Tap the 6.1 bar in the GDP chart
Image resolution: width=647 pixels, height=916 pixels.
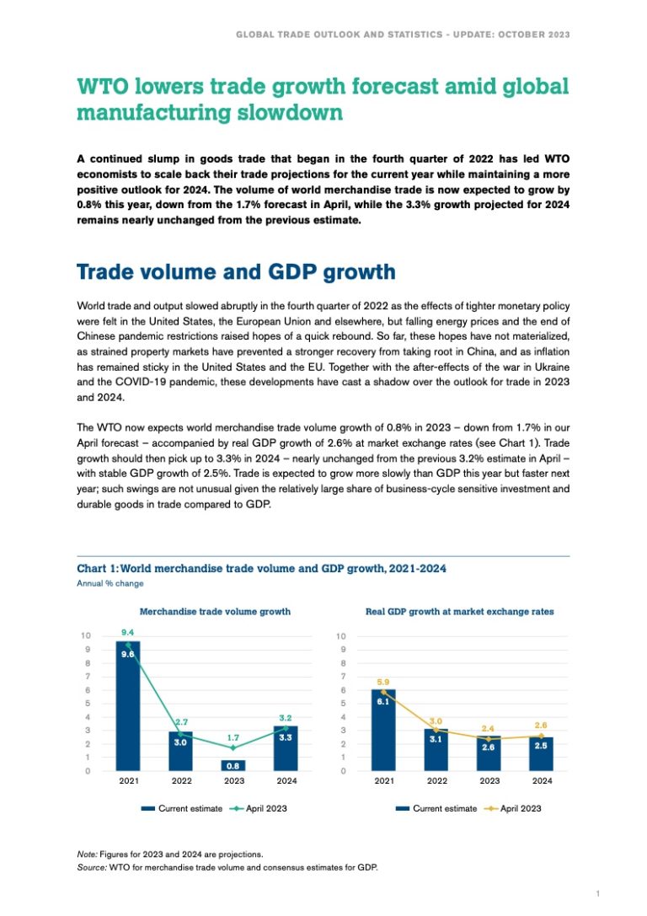coord(383,730)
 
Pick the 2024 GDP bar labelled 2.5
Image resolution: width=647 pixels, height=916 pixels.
coord(542,753)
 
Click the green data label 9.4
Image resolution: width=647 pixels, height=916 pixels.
coord(127,631)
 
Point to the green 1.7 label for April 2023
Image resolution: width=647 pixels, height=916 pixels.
coord(233,737)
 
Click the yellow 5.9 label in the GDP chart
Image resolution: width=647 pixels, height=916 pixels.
coord(382,681)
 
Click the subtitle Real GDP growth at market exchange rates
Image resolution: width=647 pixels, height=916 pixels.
coord(459,611)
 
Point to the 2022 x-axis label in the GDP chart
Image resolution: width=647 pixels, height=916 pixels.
coord(436,782)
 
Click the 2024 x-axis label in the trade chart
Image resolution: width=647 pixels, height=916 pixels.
coord(286,782)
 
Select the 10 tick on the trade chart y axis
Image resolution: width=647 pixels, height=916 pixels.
coord(86,635)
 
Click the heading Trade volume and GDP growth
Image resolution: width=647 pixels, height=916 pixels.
coord(236,271)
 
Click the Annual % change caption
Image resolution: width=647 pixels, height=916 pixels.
coord(110,583)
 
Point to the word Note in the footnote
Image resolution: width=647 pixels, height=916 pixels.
coord(87,854)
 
